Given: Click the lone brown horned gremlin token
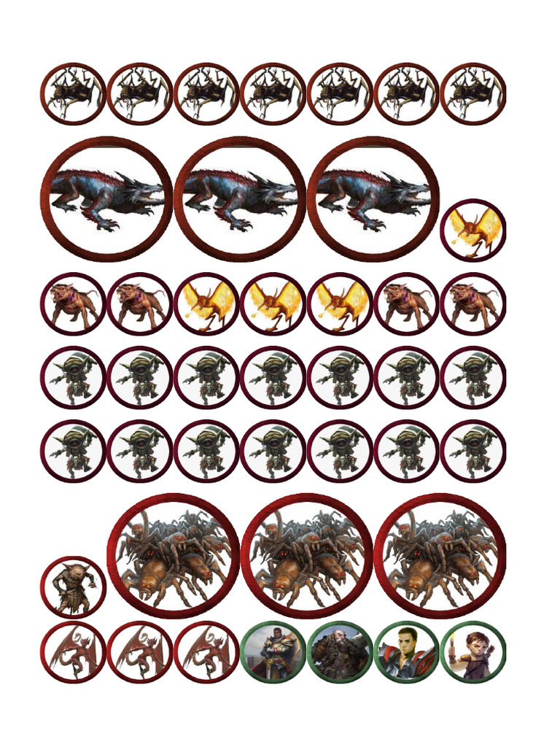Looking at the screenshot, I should click(73, 587).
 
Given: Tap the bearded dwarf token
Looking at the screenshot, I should click(340, 652).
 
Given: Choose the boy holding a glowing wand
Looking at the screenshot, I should click(473, 652).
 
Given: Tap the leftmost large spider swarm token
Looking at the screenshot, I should click(174, 556).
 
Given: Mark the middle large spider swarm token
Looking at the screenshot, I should click(307, 556).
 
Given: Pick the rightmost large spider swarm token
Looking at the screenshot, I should click(440, 556).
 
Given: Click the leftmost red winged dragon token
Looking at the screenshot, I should click(73, 652).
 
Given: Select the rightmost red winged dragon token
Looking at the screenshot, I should click(206, 652).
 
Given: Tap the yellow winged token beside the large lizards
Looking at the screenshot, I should click(473, 230).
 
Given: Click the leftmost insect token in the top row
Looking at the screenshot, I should click(73, 93).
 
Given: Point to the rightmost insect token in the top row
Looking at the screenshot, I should click(473, 93).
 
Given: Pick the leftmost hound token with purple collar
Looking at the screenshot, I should click(73, 303).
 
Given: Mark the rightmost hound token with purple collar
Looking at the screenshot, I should click(473, 303).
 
